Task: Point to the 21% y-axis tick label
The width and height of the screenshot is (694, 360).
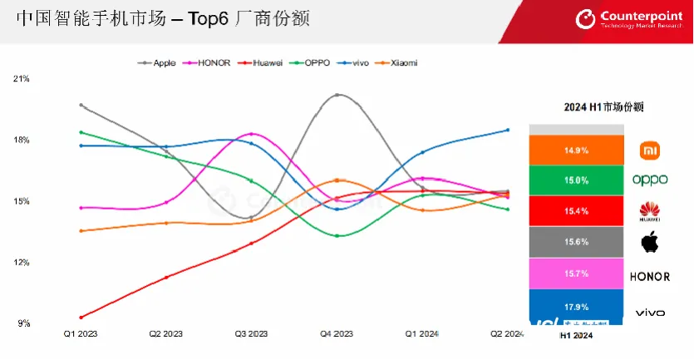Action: click(x=22, y=79)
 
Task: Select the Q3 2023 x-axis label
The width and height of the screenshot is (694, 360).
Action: click(x=252, y=334)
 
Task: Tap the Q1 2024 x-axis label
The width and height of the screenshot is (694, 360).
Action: click(x=422, y=334)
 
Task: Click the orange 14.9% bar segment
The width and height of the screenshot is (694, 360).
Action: click(x=577, y=150)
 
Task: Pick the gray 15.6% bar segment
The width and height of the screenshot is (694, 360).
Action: click(x=577, y=241)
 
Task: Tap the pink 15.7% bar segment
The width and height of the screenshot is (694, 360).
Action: click(x=577, y=273)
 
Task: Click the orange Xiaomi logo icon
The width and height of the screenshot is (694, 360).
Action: click(x=649, y=150)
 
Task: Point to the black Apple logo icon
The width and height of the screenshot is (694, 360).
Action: click(x=649, y=243)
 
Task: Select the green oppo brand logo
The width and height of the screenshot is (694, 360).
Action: click(x=649, y=180)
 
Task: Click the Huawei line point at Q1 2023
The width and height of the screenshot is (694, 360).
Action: click(x=81, y=317)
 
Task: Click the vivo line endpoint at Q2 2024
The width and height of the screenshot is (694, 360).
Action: click(x=509, y=130)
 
